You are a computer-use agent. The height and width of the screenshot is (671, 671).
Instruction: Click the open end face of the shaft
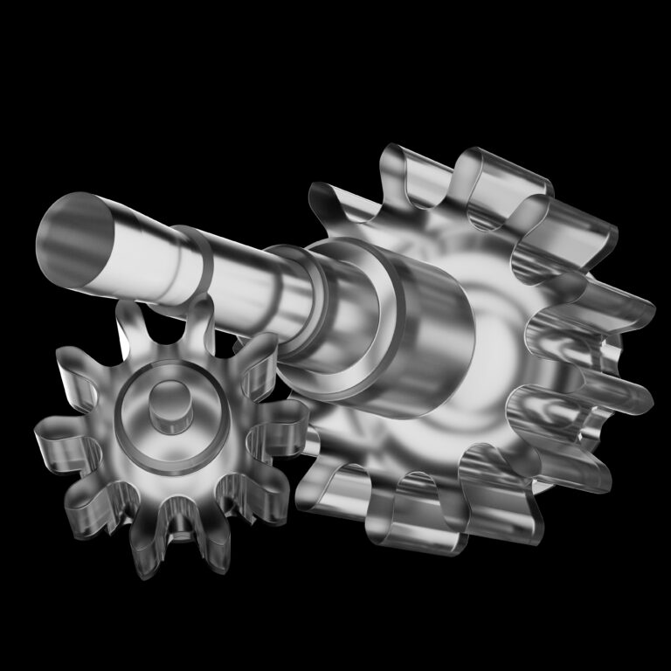(77, 238)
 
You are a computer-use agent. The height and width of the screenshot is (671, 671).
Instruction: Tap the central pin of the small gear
(169, 405)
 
